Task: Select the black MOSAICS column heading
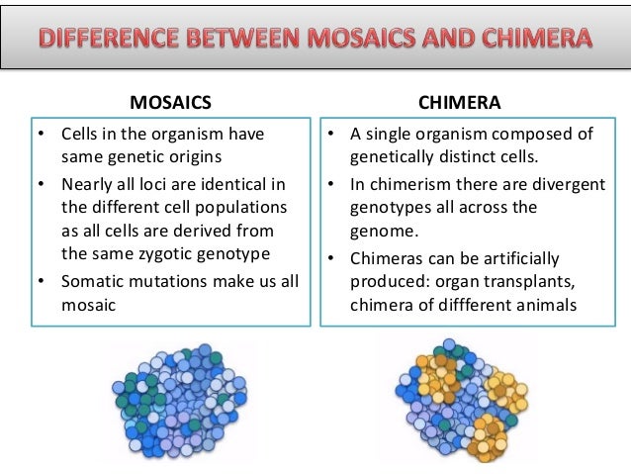tap(171, 101)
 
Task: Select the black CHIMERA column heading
tap(460, 101)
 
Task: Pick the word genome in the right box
tap(380, 230)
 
